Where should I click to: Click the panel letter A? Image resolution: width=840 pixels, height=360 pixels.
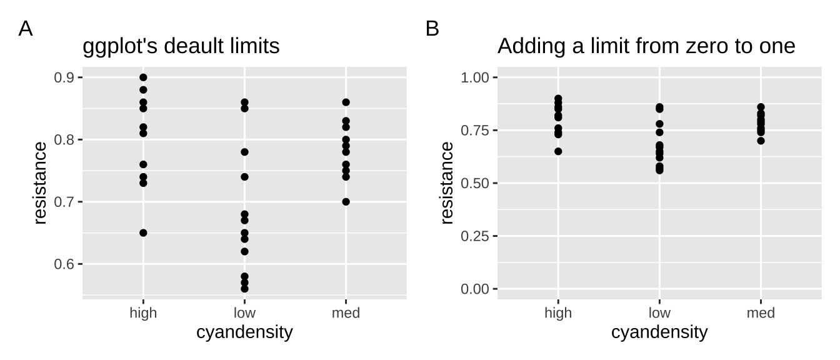[x=26, y=29]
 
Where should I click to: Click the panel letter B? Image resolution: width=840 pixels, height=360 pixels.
[x=432, y=29]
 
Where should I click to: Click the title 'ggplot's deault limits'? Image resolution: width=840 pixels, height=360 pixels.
[x=181, y=46]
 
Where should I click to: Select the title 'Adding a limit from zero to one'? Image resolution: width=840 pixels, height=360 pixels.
[x=646, y=46]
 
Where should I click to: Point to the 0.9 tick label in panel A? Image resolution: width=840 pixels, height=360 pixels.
[x=64, y=77]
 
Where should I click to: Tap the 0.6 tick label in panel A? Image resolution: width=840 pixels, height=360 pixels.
[x=64, y=264]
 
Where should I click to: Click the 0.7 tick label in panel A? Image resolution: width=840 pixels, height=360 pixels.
[x=64, y=202]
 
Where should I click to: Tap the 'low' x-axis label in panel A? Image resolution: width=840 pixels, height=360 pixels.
[x=244, y=313]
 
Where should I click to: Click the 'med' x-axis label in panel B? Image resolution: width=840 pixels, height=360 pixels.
[x=761, y=313]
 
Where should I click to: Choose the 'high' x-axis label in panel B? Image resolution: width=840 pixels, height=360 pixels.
[x=558, y=313]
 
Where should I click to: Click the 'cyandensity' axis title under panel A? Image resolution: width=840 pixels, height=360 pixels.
[x=244, y=332]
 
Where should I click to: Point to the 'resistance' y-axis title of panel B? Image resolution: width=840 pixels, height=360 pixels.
[x=447, y=183]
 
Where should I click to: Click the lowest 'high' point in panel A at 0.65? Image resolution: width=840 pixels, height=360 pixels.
[x=143, y=232]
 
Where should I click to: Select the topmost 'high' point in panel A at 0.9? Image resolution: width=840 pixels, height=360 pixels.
[x=143, y=77]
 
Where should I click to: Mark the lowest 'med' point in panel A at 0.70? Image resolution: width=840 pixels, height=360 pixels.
[x=346, y=202]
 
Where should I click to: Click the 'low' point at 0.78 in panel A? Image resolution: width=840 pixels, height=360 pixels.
[x=244, y=152]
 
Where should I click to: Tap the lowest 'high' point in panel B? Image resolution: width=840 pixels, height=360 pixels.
[x=558, y=151]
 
